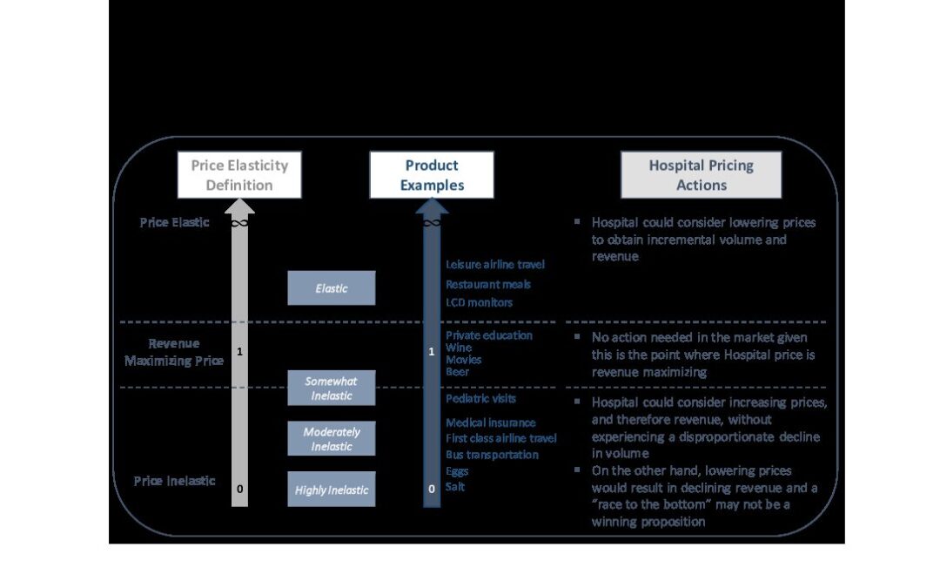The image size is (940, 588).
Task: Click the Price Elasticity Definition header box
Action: click(x=239, y=174)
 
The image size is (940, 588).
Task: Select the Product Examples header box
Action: click(x=432, y=174)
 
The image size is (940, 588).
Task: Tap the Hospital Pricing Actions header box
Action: click(x=701, y=174)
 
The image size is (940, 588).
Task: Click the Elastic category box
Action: click(x=332, y=287)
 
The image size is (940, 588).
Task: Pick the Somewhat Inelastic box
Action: click(x=332, y=388)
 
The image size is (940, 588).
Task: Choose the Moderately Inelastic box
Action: click(x=332, y=438)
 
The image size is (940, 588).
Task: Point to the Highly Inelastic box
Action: click(x=332, y=490)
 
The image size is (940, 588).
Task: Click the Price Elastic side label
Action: click(x=174, y=222)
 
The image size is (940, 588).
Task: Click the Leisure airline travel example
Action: click(x=495, y=264)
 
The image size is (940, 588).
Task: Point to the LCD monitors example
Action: click(x=479, y=302)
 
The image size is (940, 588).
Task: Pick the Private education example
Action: click(x=489, y=335)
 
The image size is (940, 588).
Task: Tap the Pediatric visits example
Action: click(x=480, y=399)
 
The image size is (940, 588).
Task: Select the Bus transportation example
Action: click(x=492, y=455)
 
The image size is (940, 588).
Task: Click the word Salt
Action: click(x=455, y=487)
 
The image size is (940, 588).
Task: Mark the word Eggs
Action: click(x=457, y=471)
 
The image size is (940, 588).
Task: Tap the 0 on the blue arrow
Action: click(x=432, y=490)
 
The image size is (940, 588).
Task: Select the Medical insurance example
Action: click(x=491, y=423)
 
